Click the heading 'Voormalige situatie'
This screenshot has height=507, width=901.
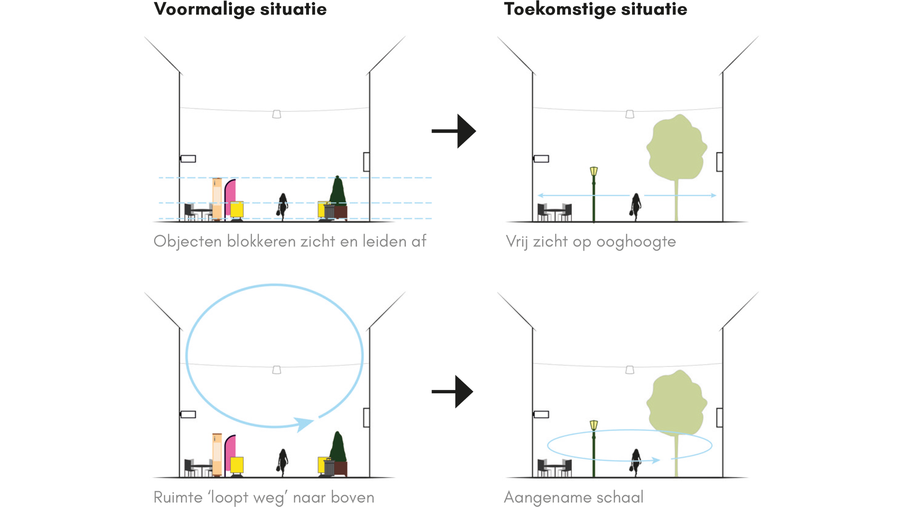[x=240, y=9]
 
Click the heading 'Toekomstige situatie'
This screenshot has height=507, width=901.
[x=595, y=9]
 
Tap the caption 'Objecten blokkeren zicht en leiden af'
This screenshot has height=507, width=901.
[x=290, y=242]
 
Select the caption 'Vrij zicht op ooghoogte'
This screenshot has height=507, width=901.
[x=591, y=242]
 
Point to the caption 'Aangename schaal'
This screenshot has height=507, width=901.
[x=573, y=497]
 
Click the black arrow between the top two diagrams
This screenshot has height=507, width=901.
[x=454, y=131]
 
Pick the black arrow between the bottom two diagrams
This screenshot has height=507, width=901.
[x=453, y=392]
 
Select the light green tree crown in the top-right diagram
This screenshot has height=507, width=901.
[x=676, y=148]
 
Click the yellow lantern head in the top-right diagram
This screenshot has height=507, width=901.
[x=594, y=171]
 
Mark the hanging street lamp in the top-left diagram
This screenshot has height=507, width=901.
[x=277, y=114]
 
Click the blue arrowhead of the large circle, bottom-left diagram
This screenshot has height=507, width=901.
[x=303, y=424]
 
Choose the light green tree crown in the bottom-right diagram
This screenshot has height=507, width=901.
[x=676, y=403]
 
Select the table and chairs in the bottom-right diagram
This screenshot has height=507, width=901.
[x=554, y=468]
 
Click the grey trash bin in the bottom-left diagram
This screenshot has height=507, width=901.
[x=329, y=467]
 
